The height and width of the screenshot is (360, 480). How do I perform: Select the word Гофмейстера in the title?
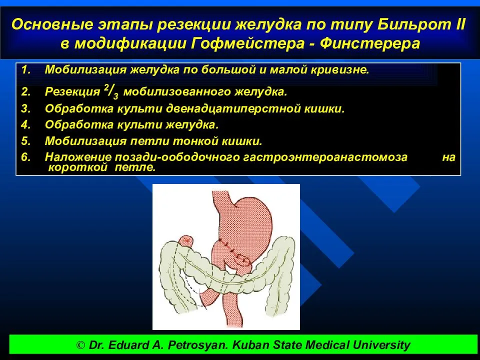(x=247, y=43)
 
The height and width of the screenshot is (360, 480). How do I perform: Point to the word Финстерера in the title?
(x=370, y=43)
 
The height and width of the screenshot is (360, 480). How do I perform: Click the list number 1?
(x=25, y=70)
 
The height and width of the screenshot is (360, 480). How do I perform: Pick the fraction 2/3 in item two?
(x=111, y=91)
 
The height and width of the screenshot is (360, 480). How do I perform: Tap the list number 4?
(x=26, y=124)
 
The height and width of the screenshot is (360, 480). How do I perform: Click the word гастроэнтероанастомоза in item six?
(x=325, y=157)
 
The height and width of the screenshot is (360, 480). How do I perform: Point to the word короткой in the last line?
(x=78, y=167)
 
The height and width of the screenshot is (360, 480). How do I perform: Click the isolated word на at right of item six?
(x=449, y=157)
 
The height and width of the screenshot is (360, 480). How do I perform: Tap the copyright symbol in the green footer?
(x=80, y=345)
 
